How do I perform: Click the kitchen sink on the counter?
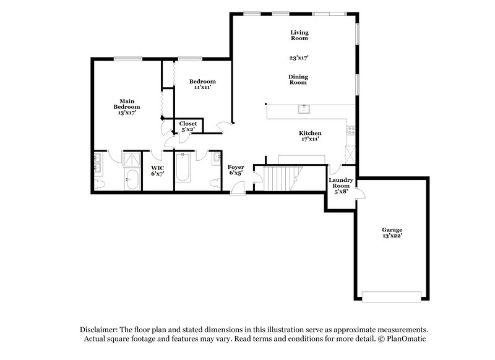click(304, 110)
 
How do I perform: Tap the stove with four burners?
click(351, 131)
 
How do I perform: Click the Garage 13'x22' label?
click(392, 233)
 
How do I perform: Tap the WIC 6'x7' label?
click(157, 171)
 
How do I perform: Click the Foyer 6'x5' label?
click(236, 170)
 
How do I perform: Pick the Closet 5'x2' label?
click(188, 127)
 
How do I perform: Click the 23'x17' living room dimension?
click(299, 58)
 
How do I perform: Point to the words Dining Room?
click(299, 80)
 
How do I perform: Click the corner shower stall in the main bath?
click(132, 160)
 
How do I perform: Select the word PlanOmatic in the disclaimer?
click(406, 339)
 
